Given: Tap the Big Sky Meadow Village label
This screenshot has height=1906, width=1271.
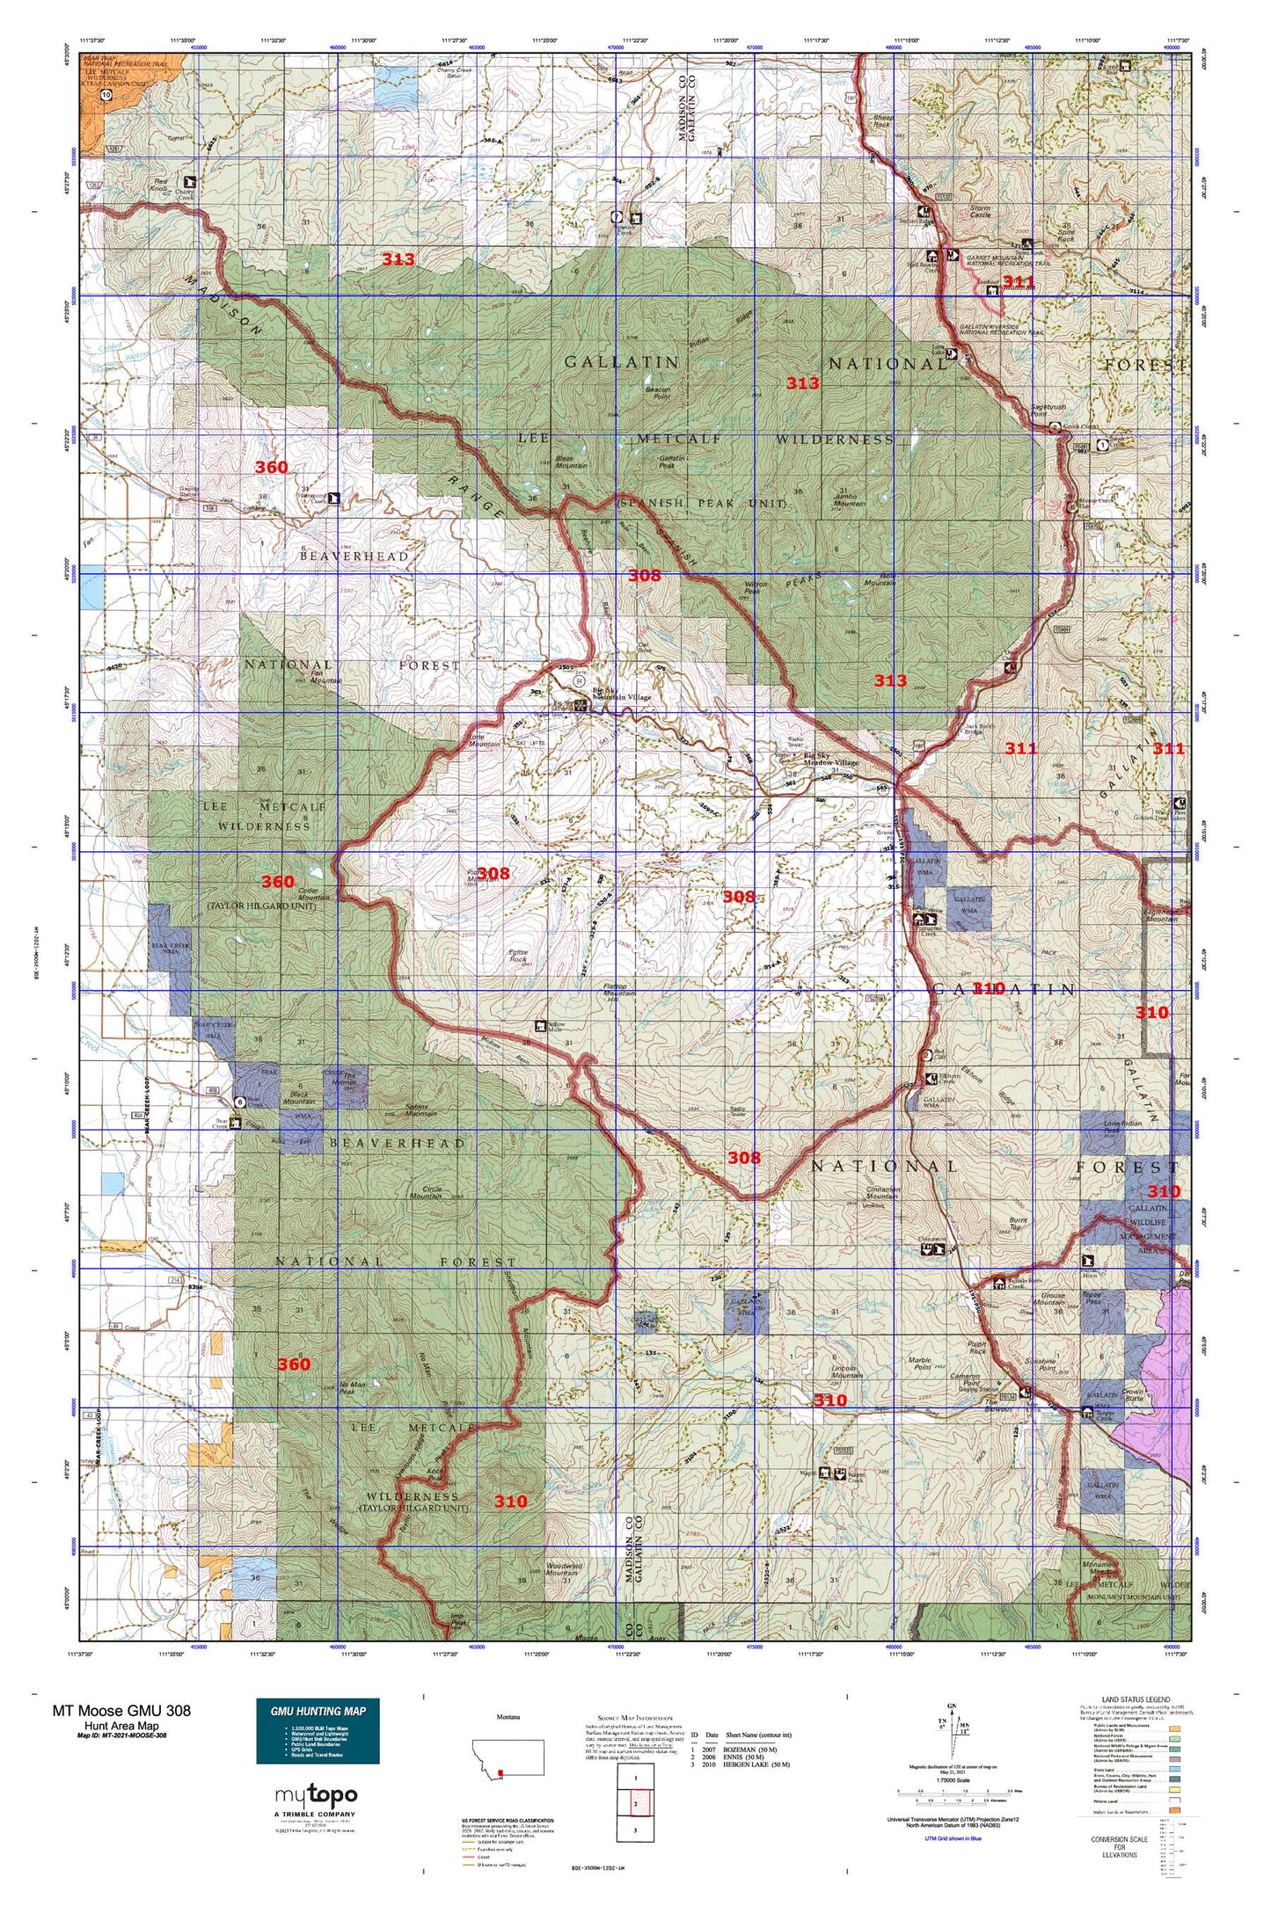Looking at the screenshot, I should click(830, 759).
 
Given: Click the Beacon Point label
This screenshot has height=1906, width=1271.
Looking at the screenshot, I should click(658, 393).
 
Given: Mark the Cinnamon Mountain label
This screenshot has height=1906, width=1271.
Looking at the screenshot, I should click(882, 1192).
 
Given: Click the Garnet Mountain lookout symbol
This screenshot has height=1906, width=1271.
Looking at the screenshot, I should click(993, 291).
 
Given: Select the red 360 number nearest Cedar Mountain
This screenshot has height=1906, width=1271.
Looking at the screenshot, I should click(278, 881).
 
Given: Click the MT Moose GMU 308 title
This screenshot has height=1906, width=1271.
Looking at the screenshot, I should click(121, 1710).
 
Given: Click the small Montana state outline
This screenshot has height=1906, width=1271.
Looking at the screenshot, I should click(508, 1758).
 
